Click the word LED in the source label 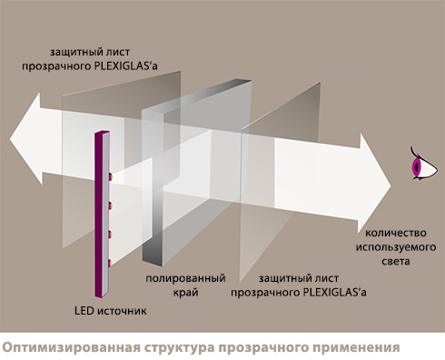[x=84, y=311]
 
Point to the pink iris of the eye [x=415, y=167]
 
